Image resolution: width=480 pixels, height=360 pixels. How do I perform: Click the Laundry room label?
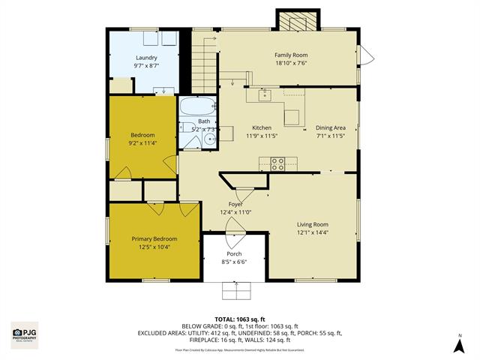pyautogui.click(x=145, y=58)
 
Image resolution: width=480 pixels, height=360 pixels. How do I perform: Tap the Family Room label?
pyautogui.click(x=290, y=55)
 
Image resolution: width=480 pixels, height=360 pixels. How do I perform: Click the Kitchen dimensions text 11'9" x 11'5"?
pyautogui.click(x=262, y=136)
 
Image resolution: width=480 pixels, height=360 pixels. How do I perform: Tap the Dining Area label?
pyautogui.click(x=330, y=127)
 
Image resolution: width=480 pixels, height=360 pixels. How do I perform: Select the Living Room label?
pyautogui.click(x=313, y=224)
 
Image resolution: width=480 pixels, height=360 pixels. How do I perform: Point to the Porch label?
pyautogui.click(x=234, y=254)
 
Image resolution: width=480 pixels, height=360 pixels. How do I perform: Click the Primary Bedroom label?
pyautogui.click(x=154, y=239)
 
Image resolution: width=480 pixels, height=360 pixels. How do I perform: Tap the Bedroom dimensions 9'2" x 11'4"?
pyautogui.click(x=142, y=143)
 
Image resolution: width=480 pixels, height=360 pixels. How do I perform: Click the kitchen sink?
pyautogui.click(x=265, y=94)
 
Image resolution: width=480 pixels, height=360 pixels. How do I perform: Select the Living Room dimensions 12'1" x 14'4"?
pyautogui.click(x=313, y=232)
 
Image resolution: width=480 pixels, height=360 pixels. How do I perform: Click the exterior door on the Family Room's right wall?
pyautogui.click(x=364, y=55)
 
